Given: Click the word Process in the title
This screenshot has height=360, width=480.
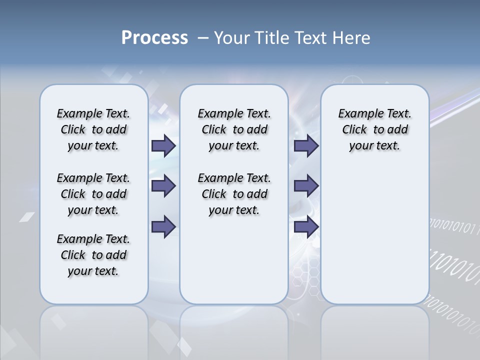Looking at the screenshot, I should [x=154, y=38].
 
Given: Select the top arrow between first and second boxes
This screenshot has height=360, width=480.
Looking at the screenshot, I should [x=163, y=145].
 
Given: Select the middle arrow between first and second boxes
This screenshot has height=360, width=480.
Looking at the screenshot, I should [x=163, y=186].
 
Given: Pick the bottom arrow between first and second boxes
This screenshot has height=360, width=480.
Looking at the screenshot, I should [x=163, y=227].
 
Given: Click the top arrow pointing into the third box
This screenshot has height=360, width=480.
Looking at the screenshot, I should [x=306, y=145].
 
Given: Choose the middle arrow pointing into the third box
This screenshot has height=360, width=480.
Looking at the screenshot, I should [x=306, y=186].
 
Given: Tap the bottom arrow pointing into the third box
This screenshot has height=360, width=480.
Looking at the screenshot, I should [x=306, y=227].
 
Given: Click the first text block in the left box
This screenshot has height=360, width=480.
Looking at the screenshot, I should [x=93, y=129].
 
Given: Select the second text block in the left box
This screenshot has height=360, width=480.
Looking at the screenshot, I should [x=93, y=194].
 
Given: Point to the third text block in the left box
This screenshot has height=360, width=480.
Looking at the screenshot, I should [x=93, y=255].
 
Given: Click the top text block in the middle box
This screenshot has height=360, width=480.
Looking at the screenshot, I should [x=234, y=129].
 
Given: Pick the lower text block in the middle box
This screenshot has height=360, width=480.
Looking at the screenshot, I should [x=234, y=194].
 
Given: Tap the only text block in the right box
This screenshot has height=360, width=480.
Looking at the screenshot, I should [x=374, y=129].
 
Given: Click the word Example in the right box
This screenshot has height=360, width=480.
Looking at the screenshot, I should [x=356, y=114].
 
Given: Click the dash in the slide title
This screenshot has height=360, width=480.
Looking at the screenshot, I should [x=203, y=38].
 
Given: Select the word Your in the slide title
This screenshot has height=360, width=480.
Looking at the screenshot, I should [x=232, y=38].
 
